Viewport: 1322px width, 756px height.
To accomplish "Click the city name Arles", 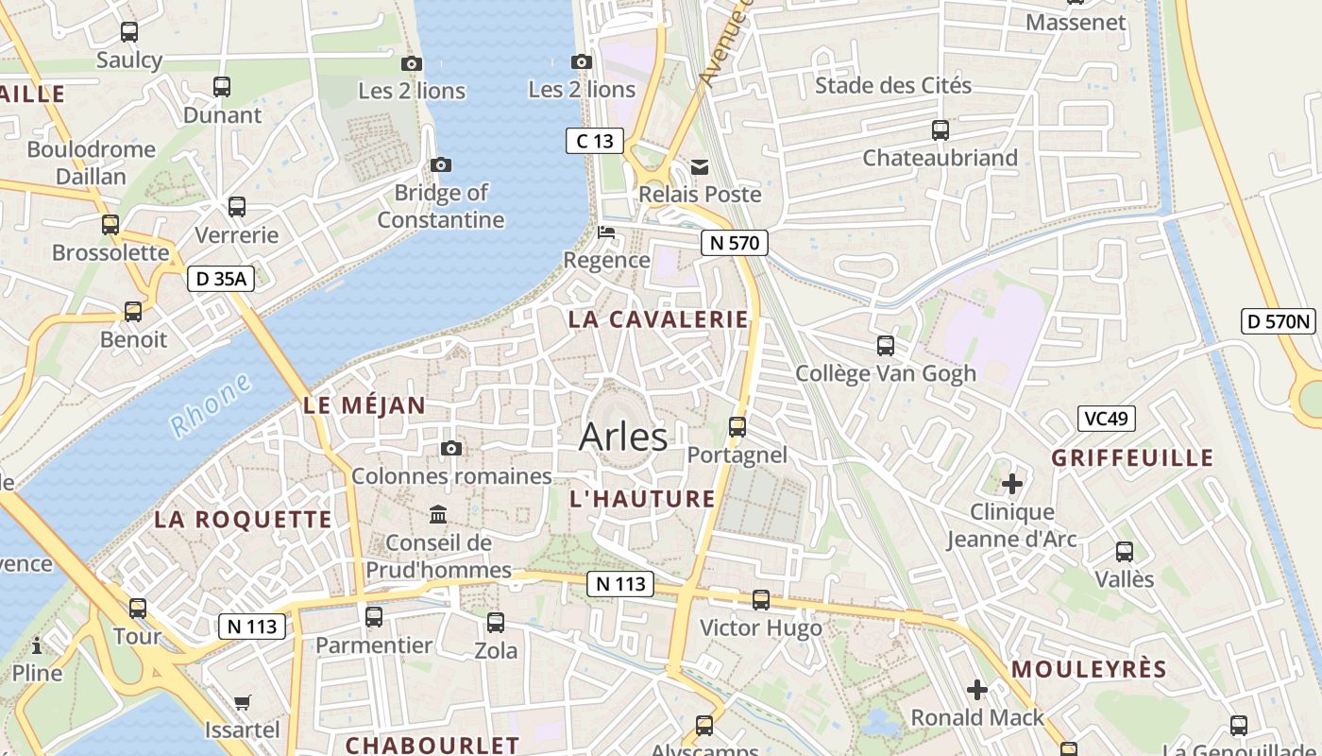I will [623, 437].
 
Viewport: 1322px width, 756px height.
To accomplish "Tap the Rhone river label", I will [212, 405].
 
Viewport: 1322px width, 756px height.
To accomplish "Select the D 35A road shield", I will [221, 279].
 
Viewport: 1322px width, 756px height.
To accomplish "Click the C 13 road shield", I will [595, 141].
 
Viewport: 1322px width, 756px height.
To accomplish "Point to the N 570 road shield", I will [734, 243].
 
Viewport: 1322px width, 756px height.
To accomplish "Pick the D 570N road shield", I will [1280, 321].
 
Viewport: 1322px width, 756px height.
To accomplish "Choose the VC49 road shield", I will [1106, 419].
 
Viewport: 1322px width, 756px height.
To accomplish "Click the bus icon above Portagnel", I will [737, 426].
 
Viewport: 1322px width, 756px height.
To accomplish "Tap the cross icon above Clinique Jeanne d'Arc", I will [1012, 485].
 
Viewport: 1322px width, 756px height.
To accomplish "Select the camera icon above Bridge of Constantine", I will [440, 164].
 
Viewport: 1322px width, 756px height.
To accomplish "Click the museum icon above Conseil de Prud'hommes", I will [439, 515].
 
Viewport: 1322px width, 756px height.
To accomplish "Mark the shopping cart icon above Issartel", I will [243, 702].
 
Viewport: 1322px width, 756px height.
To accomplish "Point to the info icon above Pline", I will [37, 645].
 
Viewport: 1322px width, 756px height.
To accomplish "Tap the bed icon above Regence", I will [606, 232].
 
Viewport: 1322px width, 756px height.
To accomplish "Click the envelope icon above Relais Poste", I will [700, 166].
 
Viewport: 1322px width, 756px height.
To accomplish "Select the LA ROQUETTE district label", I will [243, 520].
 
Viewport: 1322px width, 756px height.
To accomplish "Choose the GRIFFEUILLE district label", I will [1132, 458].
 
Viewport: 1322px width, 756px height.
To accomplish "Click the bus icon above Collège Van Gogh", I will [886, 346].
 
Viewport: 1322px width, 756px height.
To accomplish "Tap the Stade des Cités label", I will [892, 86].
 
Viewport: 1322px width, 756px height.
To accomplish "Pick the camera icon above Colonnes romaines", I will [451, 448].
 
